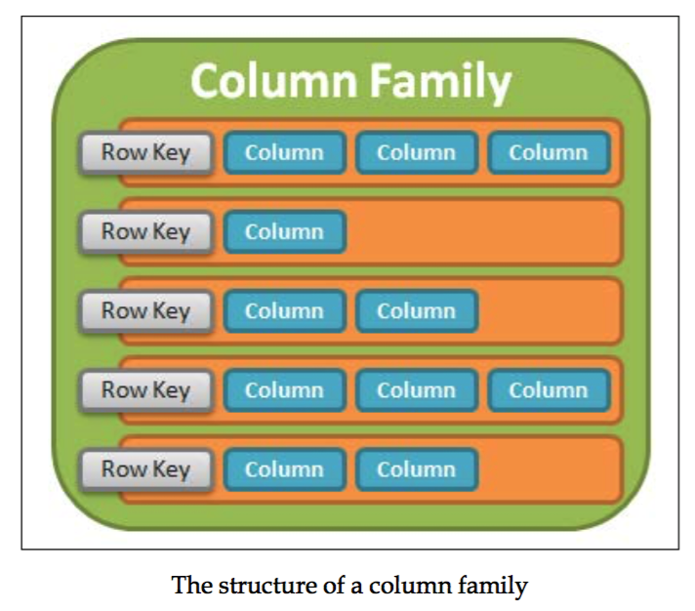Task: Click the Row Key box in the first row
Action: [145, 153]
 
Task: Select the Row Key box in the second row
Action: [145, 232]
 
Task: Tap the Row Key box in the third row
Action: [145, 311]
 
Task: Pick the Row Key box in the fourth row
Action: [145, 390]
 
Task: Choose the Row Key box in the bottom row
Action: [145, 469]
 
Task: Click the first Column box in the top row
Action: [284, 153]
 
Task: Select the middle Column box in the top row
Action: [417, 153]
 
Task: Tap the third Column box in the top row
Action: [549, 153]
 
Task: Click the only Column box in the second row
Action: [284, 232]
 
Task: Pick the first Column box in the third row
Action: [284, 311]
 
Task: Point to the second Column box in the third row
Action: [417, 311]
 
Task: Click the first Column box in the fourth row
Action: [284, 390]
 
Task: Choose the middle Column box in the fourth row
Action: [417, 390]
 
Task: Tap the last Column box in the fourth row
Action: [549, 390]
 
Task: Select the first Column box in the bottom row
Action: [284, 469]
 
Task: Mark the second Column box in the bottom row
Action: [417, 469]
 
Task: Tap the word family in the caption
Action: [497, 586]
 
